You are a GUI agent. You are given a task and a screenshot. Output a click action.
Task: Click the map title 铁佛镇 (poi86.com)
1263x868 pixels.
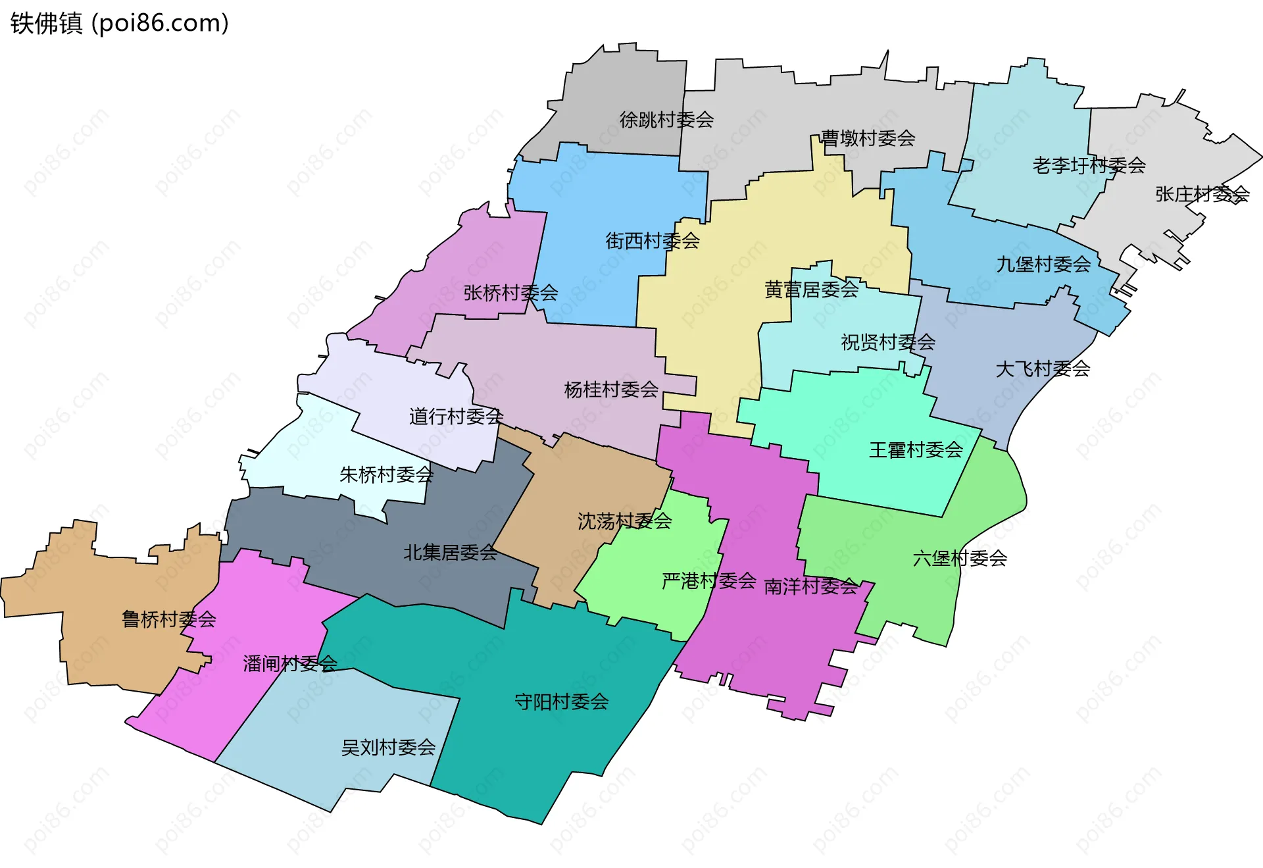pyautogui.click(x=120, y=23)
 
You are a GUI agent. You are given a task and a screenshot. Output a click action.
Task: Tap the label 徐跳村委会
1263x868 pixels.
pyautogui.click(x=666, y=120)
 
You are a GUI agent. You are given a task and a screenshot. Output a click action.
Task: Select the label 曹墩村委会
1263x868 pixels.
pyautogui.click(x=868, y=138)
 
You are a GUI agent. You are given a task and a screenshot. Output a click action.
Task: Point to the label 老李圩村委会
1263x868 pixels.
pyautogui.click(x=1089, y=165)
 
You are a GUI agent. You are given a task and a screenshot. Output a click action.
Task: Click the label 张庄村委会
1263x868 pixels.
pyautogui.click(x=1202, y=194)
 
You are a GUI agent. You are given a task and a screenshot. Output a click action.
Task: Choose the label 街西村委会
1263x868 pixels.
pyautogui.click(x=653, y=241)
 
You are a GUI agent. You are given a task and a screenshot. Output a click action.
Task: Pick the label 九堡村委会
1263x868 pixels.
pyautogui.click(x=1043, y=265)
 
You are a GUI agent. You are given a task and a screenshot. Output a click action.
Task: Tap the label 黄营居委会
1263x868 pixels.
pyautogui.click(x=811, y=290)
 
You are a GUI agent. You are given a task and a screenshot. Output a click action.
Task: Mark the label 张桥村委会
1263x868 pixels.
pyautogui.click(x=510, y=293)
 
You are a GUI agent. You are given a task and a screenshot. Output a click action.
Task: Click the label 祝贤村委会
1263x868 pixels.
pyautogui.click(x=888, y=342)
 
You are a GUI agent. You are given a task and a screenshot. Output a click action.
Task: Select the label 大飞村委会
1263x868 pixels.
pyautogui.click(x=1043, y=369)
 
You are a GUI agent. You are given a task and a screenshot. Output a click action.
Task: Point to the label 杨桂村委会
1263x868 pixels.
pyautogui.click(x=611, y=390)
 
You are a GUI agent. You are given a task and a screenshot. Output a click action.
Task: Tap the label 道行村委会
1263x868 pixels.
pyautogui.click(x=456, y=417)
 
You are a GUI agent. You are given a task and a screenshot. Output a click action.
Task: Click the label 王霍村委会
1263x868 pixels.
pyautogui.click(x=916, y=450)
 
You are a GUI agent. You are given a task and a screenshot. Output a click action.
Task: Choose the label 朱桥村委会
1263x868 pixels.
pyautogui.click(x=386, y=474)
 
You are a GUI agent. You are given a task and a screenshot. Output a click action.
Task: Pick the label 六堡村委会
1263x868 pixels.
pyautogui.click(x=960, y=559)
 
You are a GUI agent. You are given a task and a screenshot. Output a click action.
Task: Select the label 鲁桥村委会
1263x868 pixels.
pyautogui.click(x=169, y=619)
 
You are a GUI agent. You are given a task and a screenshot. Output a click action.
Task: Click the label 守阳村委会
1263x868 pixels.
pyautogui.click(x=561, y=702)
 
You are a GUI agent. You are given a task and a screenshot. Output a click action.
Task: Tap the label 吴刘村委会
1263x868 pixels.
pyautogui.click(x=388, y=748)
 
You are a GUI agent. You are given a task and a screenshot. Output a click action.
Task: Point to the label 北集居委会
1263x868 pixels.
pyautogui.click(x=450, y=553)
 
